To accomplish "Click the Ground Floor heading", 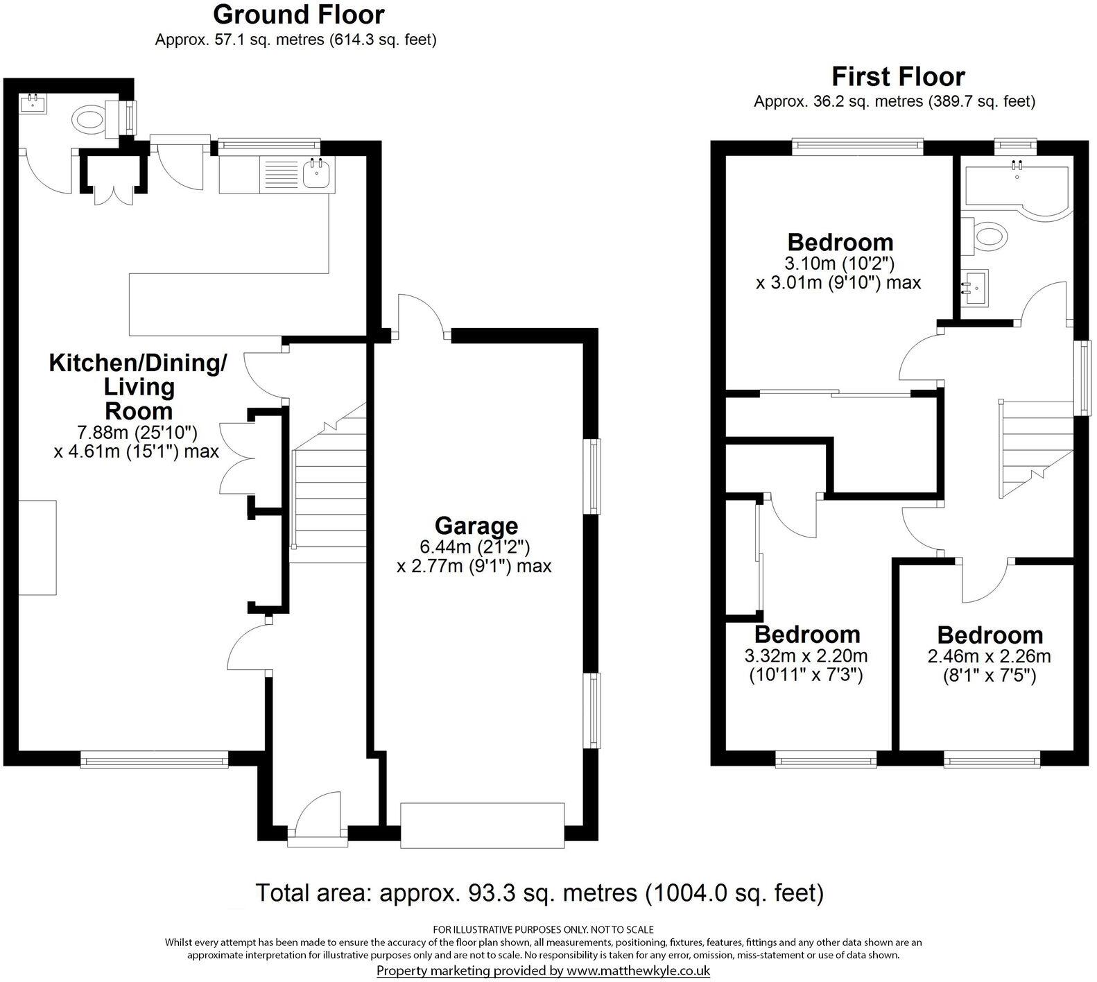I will tap(298, 14).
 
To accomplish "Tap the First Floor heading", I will tap(898, 76).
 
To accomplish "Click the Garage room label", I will tap(476, 526).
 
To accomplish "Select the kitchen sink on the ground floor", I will tap(316, 173).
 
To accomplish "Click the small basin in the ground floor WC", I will tap(33, 104).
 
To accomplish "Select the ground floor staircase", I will tap(330, 485).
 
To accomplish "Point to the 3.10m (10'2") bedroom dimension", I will tap(840, 264).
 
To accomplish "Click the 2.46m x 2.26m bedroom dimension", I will tap(989, 656).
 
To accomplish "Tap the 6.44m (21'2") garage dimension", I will tap(475, 547).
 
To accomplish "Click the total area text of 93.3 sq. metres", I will tap(539, 893).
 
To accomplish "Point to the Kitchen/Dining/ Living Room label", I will tap(138, 386).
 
